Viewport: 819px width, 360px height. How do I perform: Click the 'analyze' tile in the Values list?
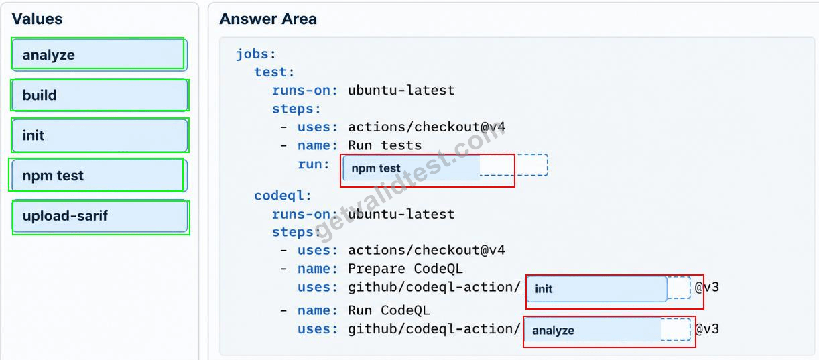pyautogui.click(x=99, y=55)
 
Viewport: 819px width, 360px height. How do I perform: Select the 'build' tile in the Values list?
pyautogui.click(x=99, y=95)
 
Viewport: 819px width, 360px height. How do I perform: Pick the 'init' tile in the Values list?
pyautogui.click(x=99, y=135)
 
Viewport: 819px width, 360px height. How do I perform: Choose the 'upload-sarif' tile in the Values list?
pyautogui.click(x=99, y=216)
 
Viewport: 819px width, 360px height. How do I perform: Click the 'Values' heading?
pyautogui.click(x=37, y=19)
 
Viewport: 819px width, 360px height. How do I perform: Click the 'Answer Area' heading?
pyautogui.click(x=268, y=19)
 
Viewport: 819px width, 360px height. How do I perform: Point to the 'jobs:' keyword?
pyautogui.click(x=255, y=54)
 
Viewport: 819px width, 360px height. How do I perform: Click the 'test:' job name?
pyautogui.click(x=274, y=72)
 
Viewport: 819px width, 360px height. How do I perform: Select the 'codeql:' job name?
pyautogui.click(x=283, y=196)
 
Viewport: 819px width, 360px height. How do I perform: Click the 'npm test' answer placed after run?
pyautogui.click(x=412, y=168)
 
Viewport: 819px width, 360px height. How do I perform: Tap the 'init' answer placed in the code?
pyautogui.click(x=596, y=289)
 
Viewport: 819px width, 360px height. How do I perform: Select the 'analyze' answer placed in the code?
pyautogui.click(x=592, y=330)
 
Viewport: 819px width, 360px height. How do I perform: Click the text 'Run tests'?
pyautogui.click(x=385, y=145)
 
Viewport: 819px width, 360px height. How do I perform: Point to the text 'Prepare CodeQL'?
pyautogui.click(x=405, y=269)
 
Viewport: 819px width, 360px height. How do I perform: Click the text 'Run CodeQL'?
pyautogui.click(x=389, y=310)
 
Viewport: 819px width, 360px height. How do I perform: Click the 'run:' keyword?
pyautogui.click(x=314, y=164)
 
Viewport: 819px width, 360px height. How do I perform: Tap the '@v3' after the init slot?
pyautogui.click(x=707, y=287)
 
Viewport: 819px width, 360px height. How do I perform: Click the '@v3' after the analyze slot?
pyautogui.click(x=707, y=329)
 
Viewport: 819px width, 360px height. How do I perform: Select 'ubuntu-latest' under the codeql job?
pyautogui.click(x=401, y=214)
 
